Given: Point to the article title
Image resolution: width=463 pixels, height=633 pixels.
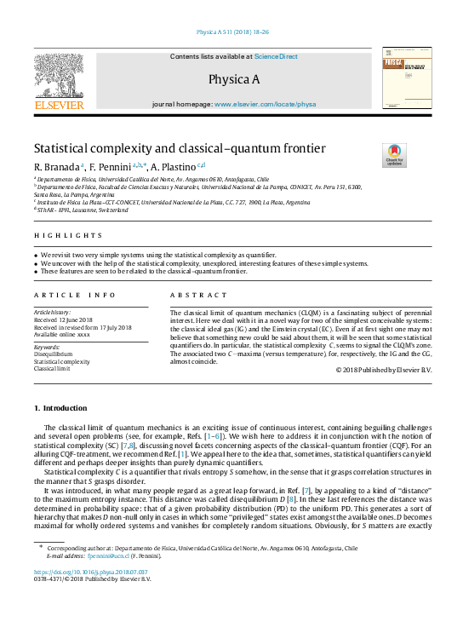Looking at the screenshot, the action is click(x=179, y=147).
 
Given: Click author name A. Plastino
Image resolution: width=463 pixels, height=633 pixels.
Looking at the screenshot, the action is click(x=176, y=164).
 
